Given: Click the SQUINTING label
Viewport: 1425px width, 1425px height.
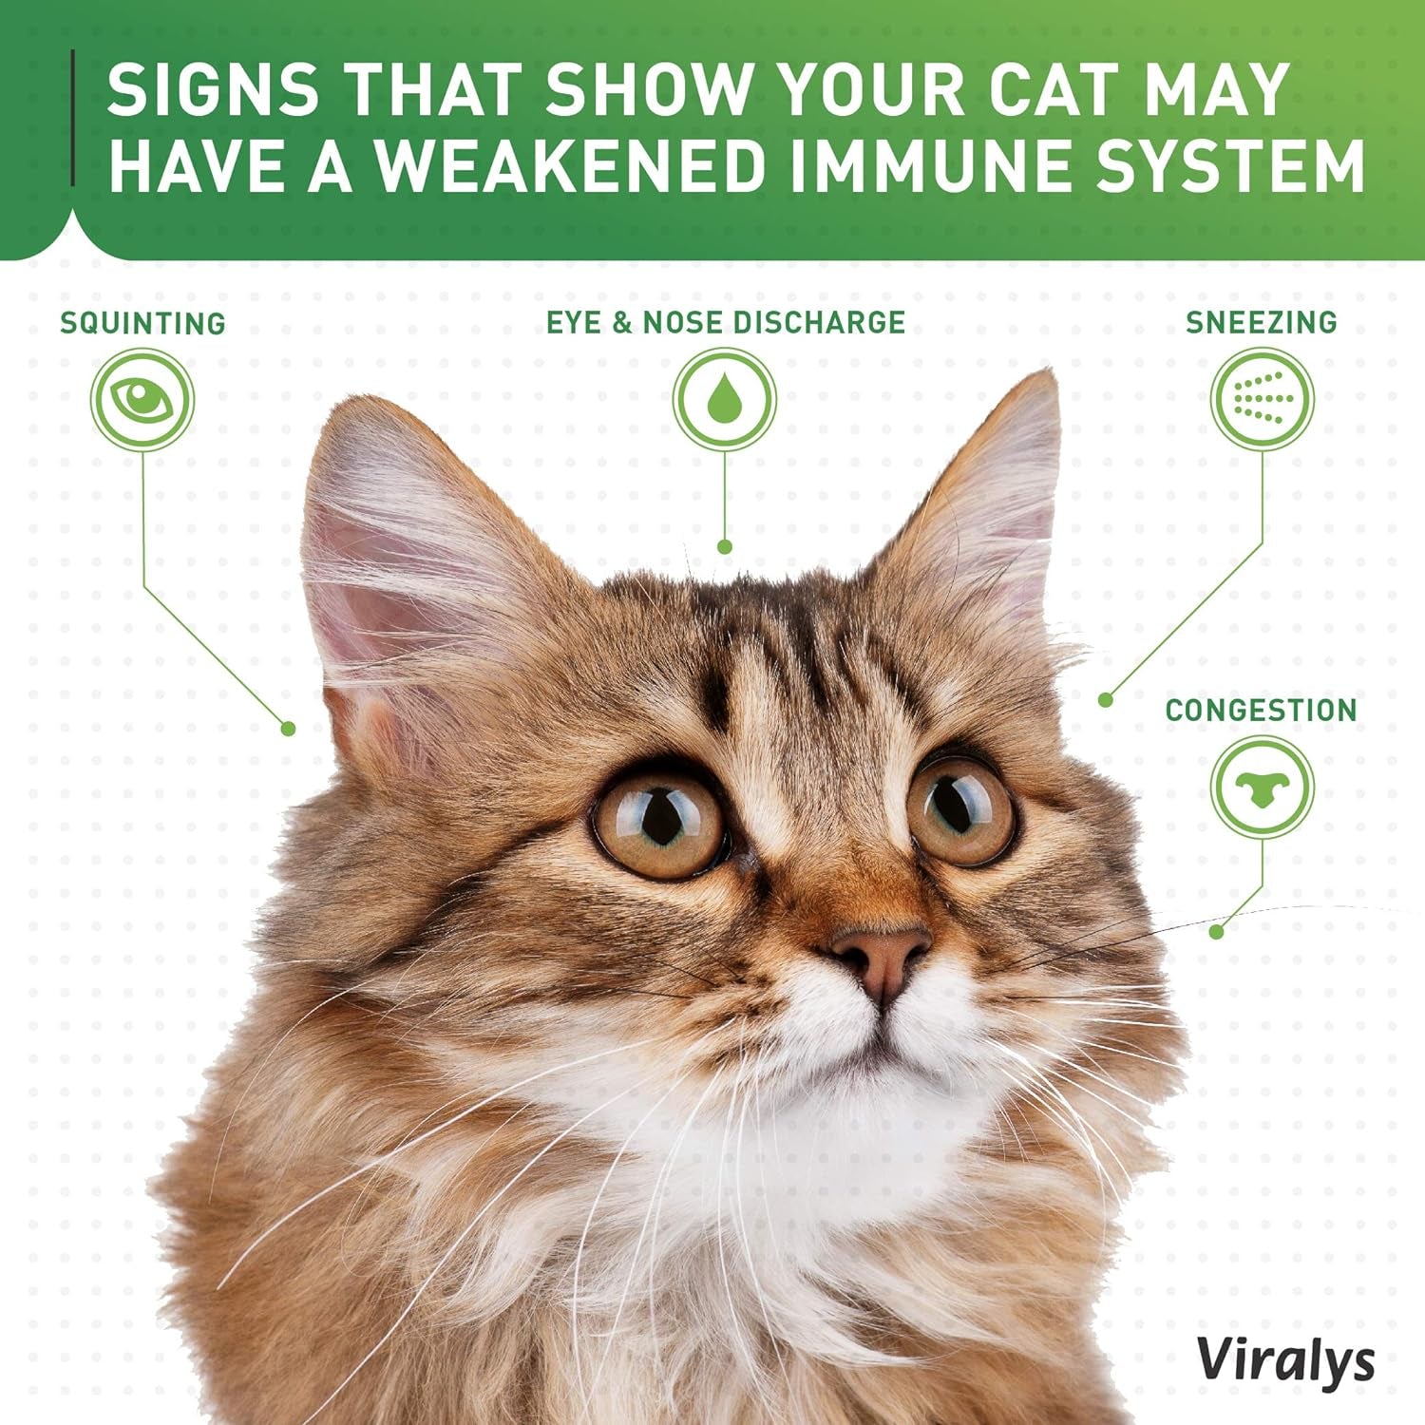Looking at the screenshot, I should (142, 323).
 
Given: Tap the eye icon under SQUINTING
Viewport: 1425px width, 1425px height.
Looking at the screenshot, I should (142, 399).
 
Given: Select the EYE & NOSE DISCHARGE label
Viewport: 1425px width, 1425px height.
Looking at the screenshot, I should (725, 322).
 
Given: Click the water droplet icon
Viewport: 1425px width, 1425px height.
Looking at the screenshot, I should (725, 399).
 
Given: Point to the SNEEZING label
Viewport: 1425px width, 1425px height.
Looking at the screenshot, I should (1261, 322).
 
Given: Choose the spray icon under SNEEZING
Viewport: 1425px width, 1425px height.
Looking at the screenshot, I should (1262, 399).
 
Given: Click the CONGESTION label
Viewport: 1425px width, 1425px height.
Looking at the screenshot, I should (1261, 710).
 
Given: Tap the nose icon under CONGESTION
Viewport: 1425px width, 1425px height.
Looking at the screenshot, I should (1262, 788).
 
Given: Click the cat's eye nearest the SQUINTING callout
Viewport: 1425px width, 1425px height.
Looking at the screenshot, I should (659, 819).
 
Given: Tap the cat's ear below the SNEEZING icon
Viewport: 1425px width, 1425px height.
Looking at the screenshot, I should (988, 503).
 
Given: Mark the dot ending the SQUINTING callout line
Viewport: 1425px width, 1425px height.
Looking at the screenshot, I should (289, 729).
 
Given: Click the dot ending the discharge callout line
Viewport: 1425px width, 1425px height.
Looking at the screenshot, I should (725, 547).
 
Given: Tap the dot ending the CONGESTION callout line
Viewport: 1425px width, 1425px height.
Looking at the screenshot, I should (1217, 932).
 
